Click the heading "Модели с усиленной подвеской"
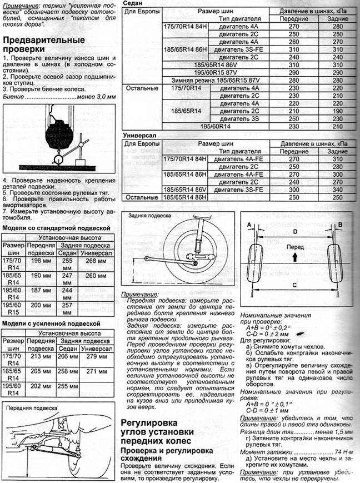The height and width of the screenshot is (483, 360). point(51,323)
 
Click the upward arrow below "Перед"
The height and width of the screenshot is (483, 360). point(292,256)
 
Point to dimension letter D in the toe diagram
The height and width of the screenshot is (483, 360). point(295,229)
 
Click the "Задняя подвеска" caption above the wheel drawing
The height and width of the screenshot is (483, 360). point(146,214)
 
